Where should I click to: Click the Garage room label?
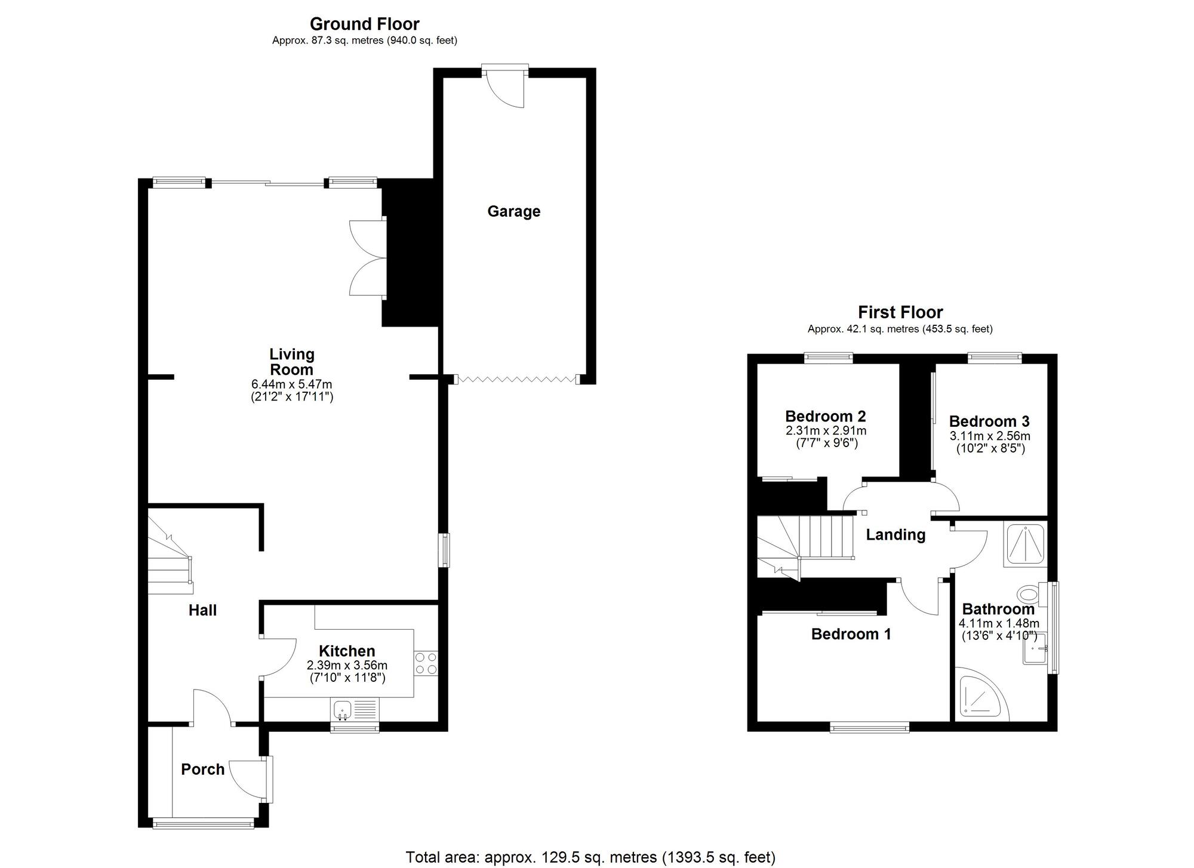(513, 211)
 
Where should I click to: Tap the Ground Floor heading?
(364, 24)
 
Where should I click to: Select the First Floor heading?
(900, 312)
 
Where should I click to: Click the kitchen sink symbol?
(343, 710)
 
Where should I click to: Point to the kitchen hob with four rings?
(426, 663)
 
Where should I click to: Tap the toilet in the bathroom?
(1030, 594)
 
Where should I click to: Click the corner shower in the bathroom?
(979, 695)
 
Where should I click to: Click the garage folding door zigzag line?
(515, 379)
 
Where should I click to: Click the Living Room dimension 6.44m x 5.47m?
(291, 384)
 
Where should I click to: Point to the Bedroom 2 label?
(825, 416)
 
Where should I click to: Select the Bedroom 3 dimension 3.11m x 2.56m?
(990, 436)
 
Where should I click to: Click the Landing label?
(895, 534)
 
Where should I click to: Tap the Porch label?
(202, 769)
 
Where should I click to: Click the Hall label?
(202, 610)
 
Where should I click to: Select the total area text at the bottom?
(590, 857)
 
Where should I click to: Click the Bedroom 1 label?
(851, 634)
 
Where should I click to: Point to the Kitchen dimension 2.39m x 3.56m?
(347, 665)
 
